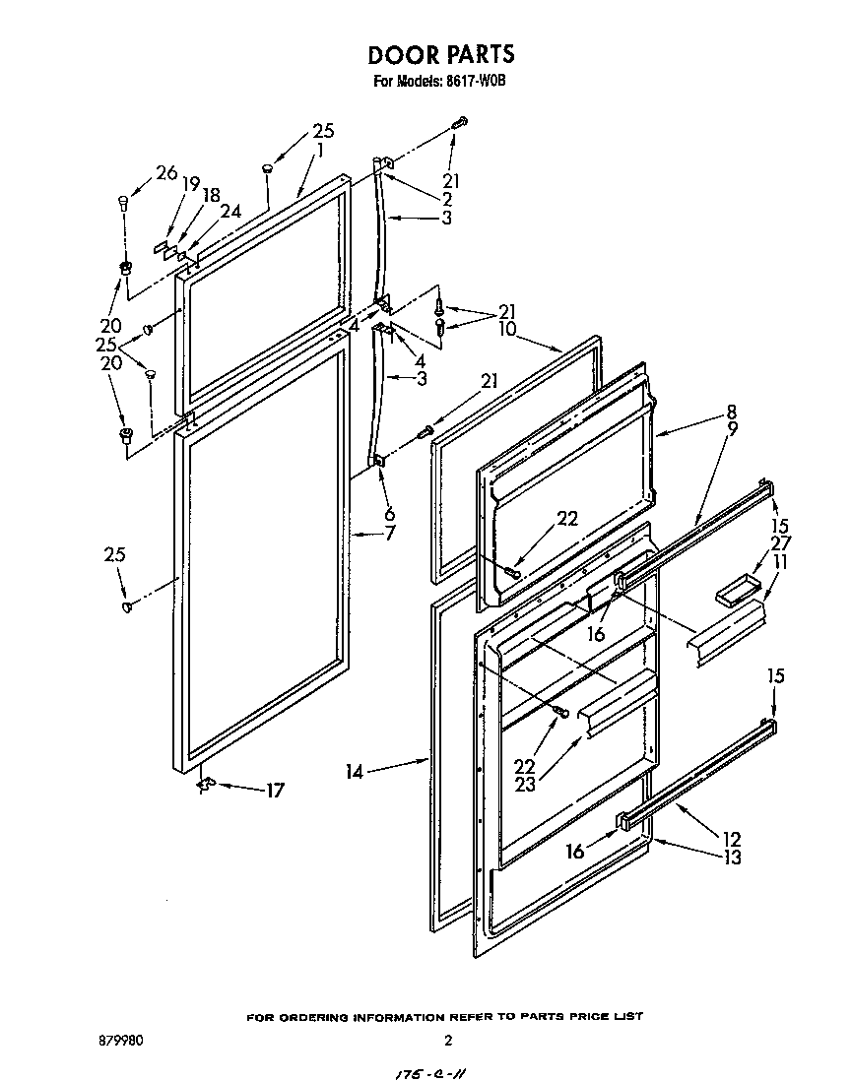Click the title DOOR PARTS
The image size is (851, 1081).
(440, 54)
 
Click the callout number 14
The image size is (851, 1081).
(355, 772)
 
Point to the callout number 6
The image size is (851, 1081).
(390, 513)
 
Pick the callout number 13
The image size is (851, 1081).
(732, 857)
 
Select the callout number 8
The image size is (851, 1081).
(732, 412)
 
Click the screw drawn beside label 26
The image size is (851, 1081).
(123, 205)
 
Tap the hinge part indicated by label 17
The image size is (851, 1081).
(206, 784)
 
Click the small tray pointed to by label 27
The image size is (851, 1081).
(733, 593)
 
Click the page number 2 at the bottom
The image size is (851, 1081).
(448, 1040)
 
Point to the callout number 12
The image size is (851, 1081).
(732, 839)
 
